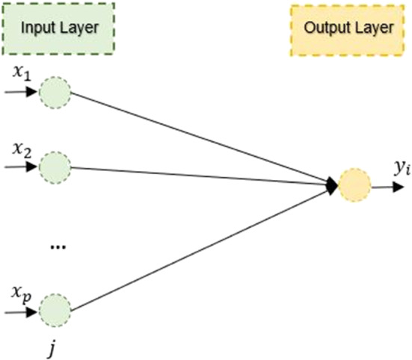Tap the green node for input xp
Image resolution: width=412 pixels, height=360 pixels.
(54, 309)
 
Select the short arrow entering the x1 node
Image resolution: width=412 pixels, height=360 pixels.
(20, 93)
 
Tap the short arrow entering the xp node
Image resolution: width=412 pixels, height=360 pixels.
(20, 308)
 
